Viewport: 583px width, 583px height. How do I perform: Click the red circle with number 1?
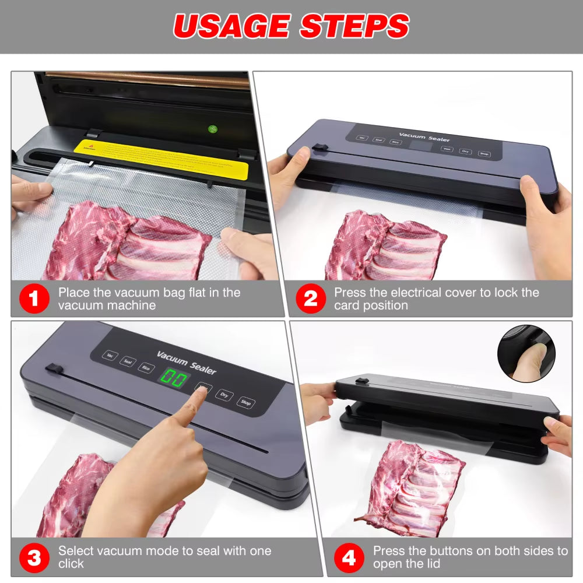34,299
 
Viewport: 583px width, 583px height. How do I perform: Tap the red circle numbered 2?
310,299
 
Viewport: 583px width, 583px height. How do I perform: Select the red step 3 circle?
34,558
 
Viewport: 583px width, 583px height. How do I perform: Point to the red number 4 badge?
349,558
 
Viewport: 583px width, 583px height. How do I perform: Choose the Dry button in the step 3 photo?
224,395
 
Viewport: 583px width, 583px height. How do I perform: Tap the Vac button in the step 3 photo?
109,355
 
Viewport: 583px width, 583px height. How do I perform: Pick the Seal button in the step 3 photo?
127,361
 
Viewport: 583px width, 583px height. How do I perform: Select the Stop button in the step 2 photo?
483,153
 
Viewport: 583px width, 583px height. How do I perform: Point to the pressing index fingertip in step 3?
201,392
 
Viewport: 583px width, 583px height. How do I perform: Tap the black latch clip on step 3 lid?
54,369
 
